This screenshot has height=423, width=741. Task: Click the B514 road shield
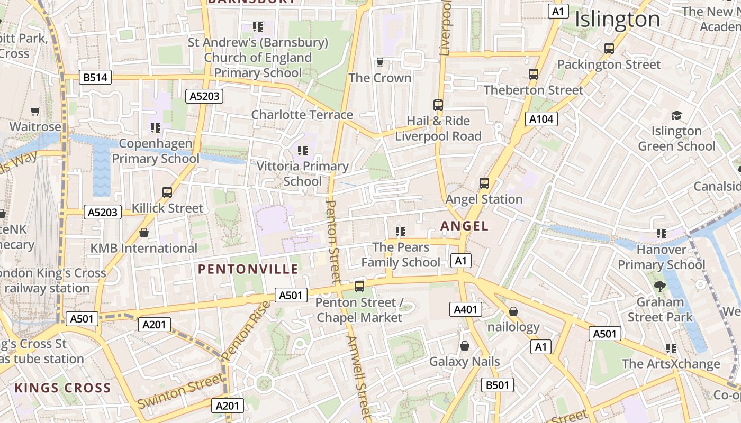click(x=95, y=78)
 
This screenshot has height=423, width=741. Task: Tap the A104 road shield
click(x=542, y=119)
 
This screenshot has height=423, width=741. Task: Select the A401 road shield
click(x=466, y=309)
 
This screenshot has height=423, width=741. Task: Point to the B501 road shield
click(x=498, y=385)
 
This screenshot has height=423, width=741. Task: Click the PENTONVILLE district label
click(x=248, y=269)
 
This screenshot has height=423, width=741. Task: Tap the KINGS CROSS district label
click(x=62, y=388)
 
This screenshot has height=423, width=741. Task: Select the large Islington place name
click(x=617, y=20)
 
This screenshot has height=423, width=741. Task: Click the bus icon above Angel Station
click(x=484, y=183)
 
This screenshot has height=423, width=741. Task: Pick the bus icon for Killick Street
click(x=167, y=192)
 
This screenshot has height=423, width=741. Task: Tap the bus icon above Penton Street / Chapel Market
click(x=359, y=287)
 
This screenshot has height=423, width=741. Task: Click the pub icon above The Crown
click(x=379, y=62)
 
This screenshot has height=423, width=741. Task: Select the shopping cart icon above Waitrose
click(x=35, y=111)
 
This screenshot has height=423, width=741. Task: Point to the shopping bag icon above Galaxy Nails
click(x=465, y=346)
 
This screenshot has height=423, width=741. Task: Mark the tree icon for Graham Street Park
click(x=659, y=287)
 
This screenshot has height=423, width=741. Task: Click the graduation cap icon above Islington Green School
click(x=676, y=115)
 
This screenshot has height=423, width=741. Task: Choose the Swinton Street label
click(x=180, y=390)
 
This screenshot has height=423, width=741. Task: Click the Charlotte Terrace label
click(x=302, y=115)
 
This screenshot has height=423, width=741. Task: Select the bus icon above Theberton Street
click(x=534, y=75)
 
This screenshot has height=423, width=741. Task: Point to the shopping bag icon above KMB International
click(x=143, y=233)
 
